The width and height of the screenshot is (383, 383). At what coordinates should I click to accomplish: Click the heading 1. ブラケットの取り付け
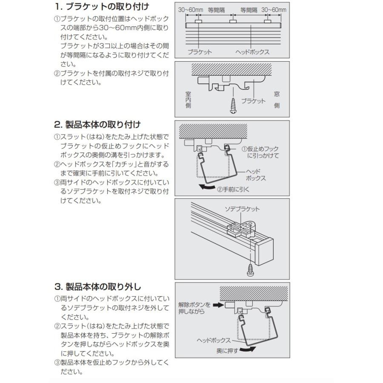[x=102, y=7]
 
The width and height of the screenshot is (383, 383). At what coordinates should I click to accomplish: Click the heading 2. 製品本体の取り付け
[x=97, y=125]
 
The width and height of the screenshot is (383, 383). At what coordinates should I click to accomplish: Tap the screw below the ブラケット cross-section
[x=233, y=104]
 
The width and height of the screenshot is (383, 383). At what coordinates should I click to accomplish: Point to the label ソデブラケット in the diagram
[x=243, y=209]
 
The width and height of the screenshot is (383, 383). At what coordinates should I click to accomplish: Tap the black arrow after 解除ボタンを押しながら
[x=217, y=305]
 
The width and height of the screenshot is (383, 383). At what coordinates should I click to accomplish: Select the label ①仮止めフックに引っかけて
[x=261, y=152]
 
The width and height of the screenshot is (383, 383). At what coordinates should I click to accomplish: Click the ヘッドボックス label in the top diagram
[x=253, y=52]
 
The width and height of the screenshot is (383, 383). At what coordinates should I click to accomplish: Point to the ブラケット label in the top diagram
[x=200, y=52]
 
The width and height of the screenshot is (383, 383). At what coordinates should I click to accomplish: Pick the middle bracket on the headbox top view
[x=233, y=21]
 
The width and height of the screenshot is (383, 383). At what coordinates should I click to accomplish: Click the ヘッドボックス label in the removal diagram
[x=214, y=340]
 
